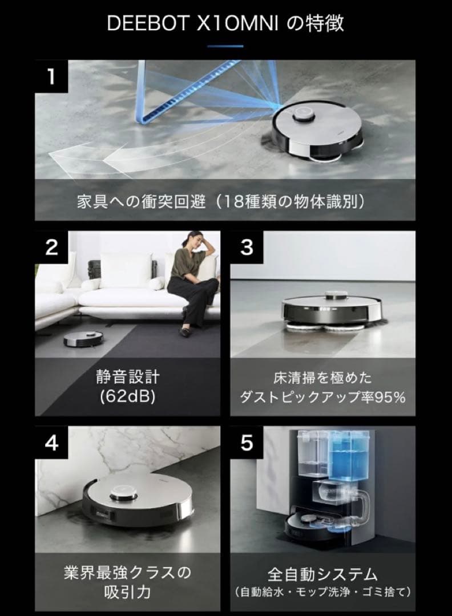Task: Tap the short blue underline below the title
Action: point(225,46)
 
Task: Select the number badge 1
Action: point(51,76)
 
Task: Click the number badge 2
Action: point(51,247)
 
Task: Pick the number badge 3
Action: point(247,247)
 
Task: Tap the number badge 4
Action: point(51,443)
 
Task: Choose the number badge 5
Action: point(247,443)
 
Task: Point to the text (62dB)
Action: point(128,396)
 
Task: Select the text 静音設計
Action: point(128,377)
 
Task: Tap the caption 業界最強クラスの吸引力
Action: point(128,581)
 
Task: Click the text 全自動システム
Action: point(323,573)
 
